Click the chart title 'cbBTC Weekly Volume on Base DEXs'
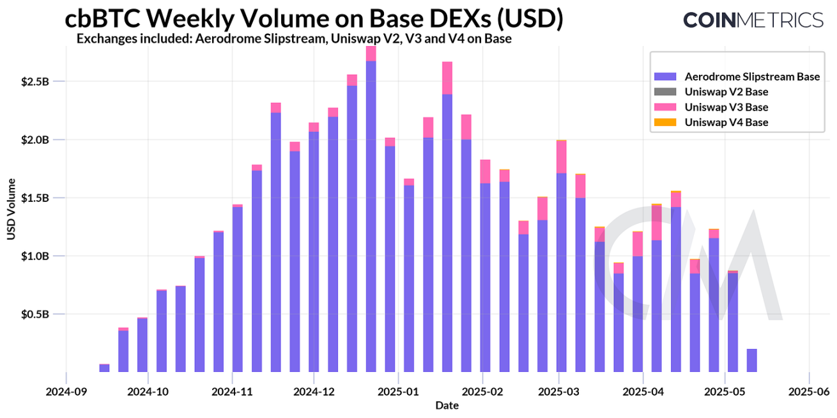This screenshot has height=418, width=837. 314,19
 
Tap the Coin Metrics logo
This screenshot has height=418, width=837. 753,20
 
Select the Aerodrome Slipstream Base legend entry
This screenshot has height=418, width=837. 751,77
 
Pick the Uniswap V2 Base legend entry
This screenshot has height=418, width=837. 726,92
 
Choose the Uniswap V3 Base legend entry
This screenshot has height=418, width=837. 726,107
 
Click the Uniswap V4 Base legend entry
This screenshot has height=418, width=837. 726,122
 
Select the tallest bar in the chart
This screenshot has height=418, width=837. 371,211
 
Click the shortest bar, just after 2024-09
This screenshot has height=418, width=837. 104,368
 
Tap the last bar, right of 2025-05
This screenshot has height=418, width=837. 752,360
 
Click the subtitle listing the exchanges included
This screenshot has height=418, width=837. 294,39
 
